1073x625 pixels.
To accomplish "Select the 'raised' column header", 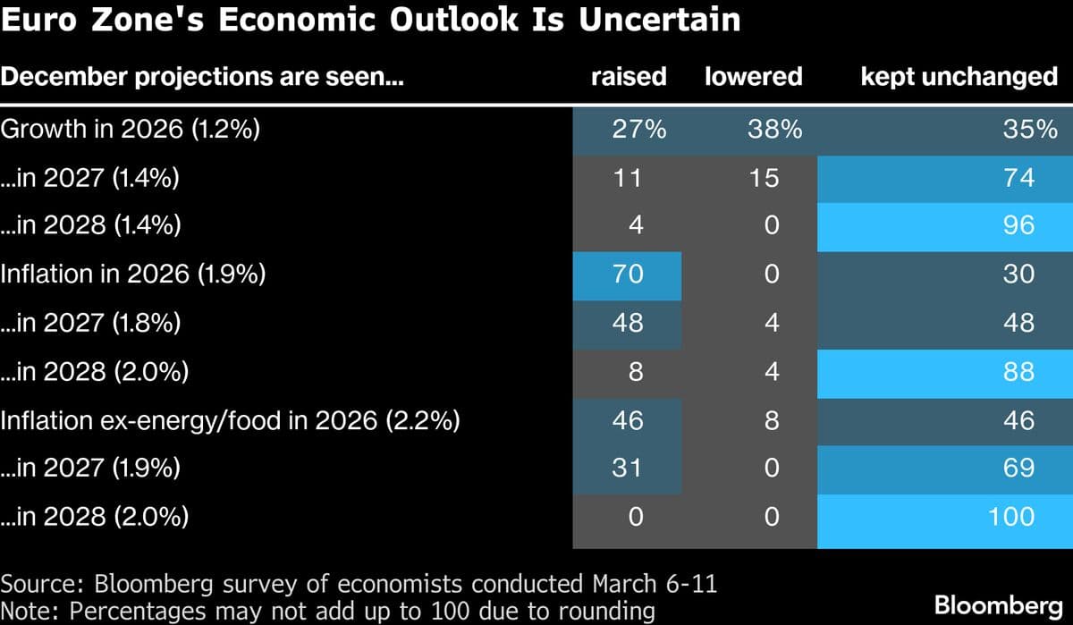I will point(629,76).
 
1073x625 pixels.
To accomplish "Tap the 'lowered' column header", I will point(753,76).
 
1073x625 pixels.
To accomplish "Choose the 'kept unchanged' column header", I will point(959,76).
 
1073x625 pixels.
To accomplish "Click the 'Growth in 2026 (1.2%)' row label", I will point(131,130).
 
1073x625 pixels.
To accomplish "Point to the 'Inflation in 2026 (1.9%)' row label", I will point(133,274).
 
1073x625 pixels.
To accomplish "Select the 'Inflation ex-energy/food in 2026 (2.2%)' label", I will point(230,419).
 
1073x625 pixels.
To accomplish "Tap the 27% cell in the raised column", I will point(629,130).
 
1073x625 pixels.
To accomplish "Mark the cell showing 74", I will point(1019,178).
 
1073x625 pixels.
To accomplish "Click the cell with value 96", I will point(1019,225).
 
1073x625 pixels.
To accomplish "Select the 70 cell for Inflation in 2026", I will point(628,274).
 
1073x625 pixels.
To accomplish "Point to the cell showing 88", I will point(1019,371).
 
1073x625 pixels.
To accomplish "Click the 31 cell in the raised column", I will point(628,468).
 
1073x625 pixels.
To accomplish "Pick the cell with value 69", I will point(1019,468).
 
